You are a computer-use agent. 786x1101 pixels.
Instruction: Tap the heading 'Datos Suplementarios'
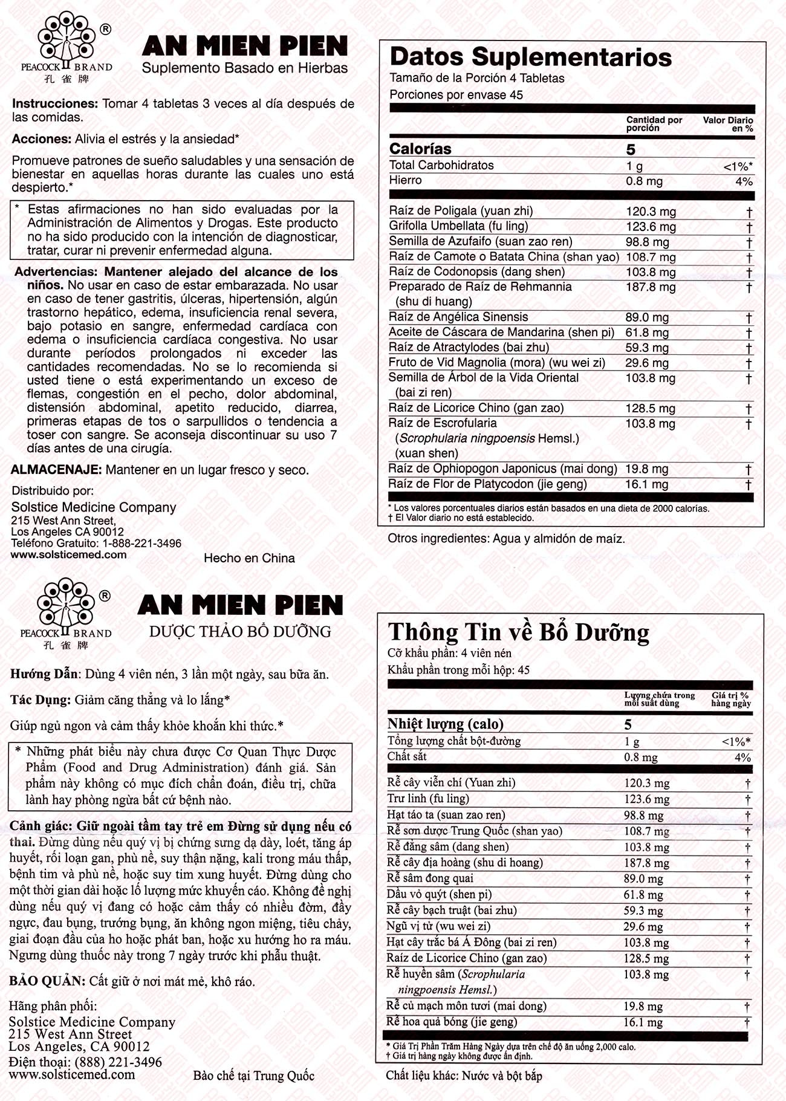click(530, 57)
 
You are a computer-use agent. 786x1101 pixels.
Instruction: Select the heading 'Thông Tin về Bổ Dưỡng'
click(518, 632)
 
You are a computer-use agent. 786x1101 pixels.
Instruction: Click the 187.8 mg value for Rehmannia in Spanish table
click(650, 287)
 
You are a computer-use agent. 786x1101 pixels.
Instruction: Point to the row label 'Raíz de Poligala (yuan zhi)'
click(461, 211)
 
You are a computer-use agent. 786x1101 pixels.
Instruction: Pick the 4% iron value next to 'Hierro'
click(744, 181)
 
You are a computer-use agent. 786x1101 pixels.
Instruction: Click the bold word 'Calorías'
click(420, 149)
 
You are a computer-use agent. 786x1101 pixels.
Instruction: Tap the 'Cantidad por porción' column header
click(654, 123)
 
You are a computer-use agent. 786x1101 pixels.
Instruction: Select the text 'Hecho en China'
click(249, 558)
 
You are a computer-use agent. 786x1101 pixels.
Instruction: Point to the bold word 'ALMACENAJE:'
click(57, 470)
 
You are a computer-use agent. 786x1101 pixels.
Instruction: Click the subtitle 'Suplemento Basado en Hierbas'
click(245, 68)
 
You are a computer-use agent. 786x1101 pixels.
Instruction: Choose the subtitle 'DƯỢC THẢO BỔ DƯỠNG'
click(240, 632)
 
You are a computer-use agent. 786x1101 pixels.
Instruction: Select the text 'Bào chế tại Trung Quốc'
click(253, 1076)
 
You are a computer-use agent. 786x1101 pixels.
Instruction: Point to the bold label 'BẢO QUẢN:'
click(47, 981)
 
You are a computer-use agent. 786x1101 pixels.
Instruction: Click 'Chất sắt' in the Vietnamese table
click(407, 756)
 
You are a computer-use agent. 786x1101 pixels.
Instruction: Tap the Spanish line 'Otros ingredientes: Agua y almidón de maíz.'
click(506, 538)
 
